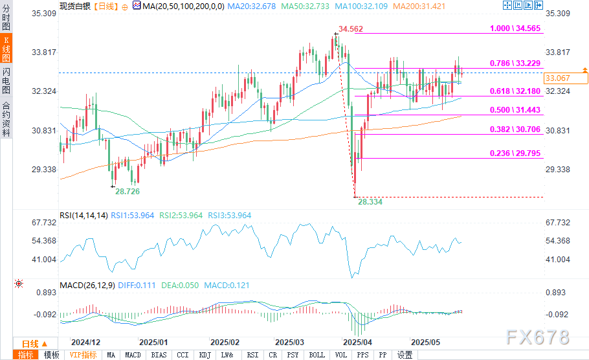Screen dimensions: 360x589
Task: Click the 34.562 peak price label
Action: [x=351, y=30]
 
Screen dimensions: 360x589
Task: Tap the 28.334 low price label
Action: [x=370, y=202]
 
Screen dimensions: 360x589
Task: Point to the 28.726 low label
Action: [x=128, y=192]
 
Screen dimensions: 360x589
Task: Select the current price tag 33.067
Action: [x=557, y=78]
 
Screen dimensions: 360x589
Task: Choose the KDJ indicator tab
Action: [x=205, y=355]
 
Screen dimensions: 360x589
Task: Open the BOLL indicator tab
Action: [x=317, y=355]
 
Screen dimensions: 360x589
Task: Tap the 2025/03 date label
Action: [x=290, y=342]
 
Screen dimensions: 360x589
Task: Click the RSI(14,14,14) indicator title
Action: [x=82, y=216]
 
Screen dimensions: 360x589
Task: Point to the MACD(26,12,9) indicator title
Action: [x=86, y=285]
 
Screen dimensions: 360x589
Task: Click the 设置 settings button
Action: [x=405, y=355]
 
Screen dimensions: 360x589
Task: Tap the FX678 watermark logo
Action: [x=539, y=337]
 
